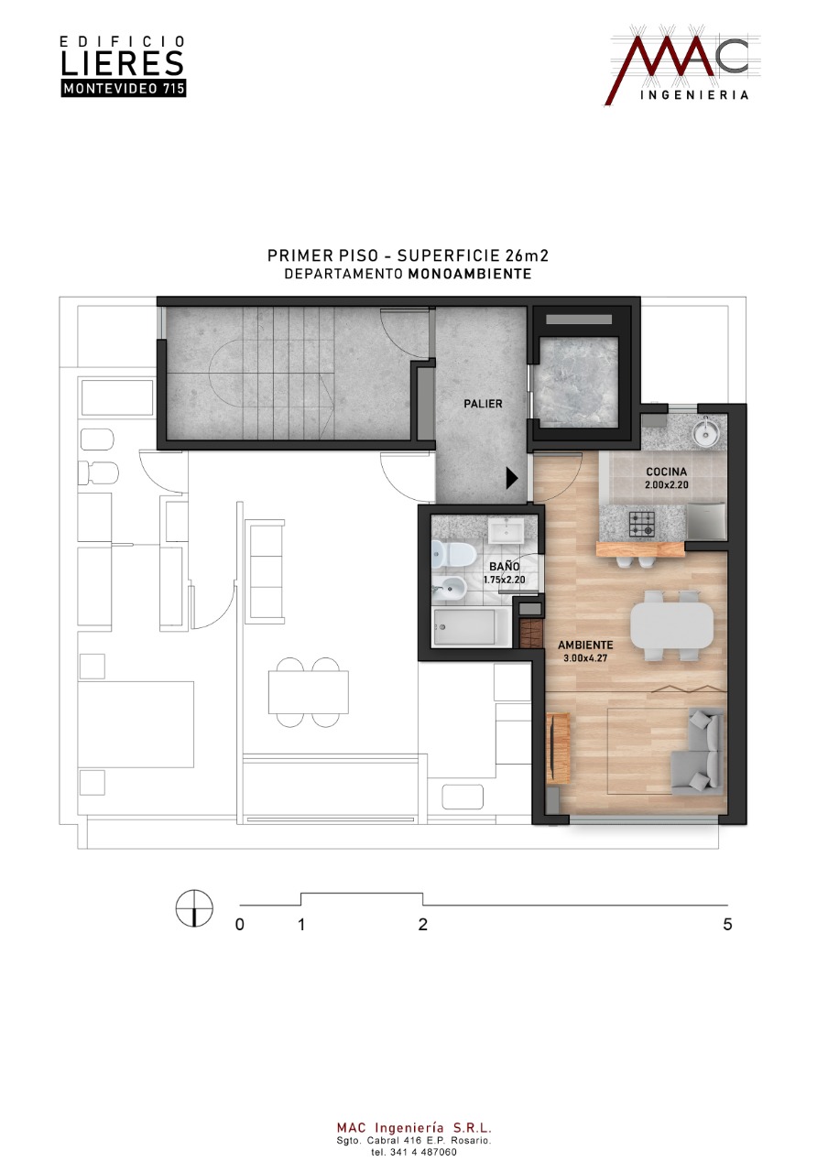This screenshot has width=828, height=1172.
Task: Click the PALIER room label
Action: pyautogui.click(x=483, y=404)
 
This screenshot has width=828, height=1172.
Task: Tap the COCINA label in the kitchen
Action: pyautogui.click(x=666, y=472)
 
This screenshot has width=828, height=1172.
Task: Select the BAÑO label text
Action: pyautogui.click(x=505, y=566)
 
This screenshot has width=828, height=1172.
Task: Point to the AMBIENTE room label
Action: pyautogui.click(x=585, y=646)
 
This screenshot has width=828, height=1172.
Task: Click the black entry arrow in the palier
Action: pyautogui.click(x=511, y=478)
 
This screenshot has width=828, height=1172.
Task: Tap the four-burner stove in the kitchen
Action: pyautogui.click(x=641, y=524)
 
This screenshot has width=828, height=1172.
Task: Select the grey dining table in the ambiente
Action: pyautogui.click(x=671, y=625)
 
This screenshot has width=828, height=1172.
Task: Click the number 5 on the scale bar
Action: pyautogui.click(x=727, y=925)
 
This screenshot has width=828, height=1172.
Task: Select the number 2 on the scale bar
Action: pyautogui.click(x=423, y=925)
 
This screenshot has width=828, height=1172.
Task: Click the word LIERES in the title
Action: pyautogui.click(x=123, y=63)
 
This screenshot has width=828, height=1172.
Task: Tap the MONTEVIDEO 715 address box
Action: pyautogui.click(x=124, y=89)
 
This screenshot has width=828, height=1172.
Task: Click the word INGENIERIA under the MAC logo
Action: pyautogui.click(x=694, y=94)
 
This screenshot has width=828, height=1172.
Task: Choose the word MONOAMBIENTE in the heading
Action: pyautogui.click(x=470, y=274)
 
